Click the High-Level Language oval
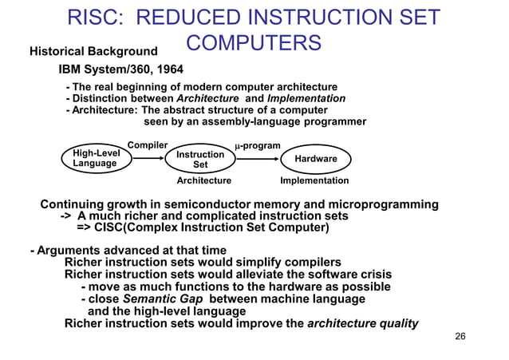tap(95, 158)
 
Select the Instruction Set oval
tap(200, 159)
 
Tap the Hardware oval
tap(316, 159)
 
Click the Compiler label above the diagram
tap(148, 145)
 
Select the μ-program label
tap(257, 146)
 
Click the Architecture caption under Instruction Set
tap(203, 181)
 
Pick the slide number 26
tap(459, 335)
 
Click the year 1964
tap(168, 69)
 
